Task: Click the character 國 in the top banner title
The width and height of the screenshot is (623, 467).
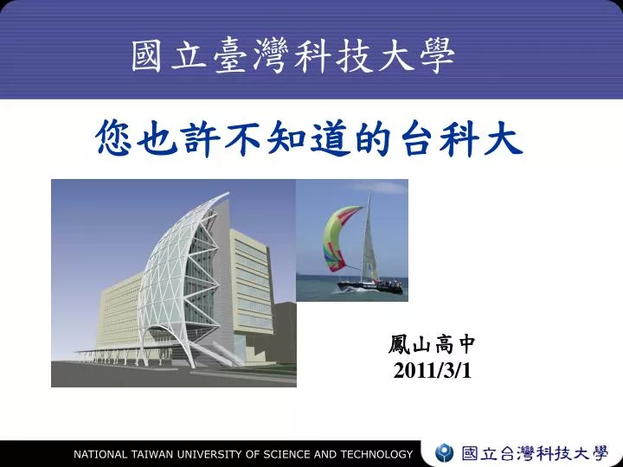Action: tap(146, 55)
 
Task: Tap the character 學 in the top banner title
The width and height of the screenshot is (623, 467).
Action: tap(437, 55)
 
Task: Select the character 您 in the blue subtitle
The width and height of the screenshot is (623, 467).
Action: tap(113, 138)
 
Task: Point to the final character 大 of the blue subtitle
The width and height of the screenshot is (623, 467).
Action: tap(503, 138)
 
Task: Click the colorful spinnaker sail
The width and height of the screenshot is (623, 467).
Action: tap(340, 238)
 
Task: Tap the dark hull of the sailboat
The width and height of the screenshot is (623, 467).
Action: tap(370, 287)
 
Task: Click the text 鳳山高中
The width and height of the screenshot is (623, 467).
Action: tap(432, 344)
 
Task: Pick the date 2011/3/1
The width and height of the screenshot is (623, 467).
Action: tap(432, 371)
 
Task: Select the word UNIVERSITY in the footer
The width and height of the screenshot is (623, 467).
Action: tap(211, 454)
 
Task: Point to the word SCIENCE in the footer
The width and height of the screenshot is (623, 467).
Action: tap(287, 454)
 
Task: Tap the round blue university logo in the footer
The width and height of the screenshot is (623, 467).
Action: tap(444, 453)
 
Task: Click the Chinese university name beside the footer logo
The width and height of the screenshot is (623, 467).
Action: tap(535, 453)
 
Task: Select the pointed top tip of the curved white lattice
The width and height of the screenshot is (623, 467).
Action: tap(228, 194)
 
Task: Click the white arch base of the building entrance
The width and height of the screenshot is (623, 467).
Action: tap(167, 342)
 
